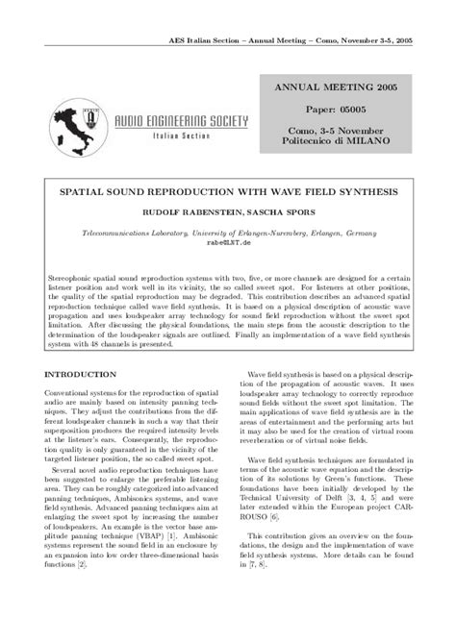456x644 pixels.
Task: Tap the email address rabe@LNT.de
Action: click(228, 244)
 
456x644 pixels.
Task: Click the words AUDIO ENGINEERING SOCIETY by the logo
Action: click(182, 122)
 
